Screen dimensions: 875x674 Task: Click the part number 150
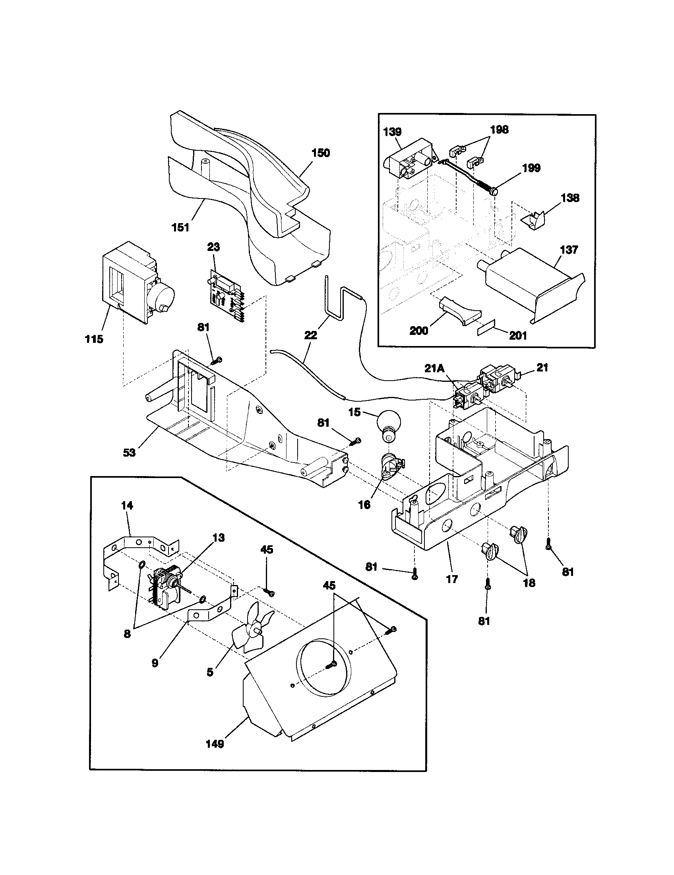click(320, 153)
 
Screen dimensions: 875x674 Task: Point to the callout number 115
click(94, 339)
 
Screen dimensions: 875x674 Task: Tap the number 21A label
click(435, 368)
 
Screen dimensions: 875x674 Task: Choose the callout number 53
click(129, 452)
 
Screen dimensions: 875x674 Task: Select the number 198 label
click(499, 129)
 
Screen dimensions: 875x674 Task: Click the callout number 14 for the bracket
click(127, 506)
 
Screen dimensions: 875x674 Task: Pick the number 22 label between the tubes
click(310, 335)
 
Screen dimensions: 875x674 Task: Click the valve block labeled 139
click(408, 160)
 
